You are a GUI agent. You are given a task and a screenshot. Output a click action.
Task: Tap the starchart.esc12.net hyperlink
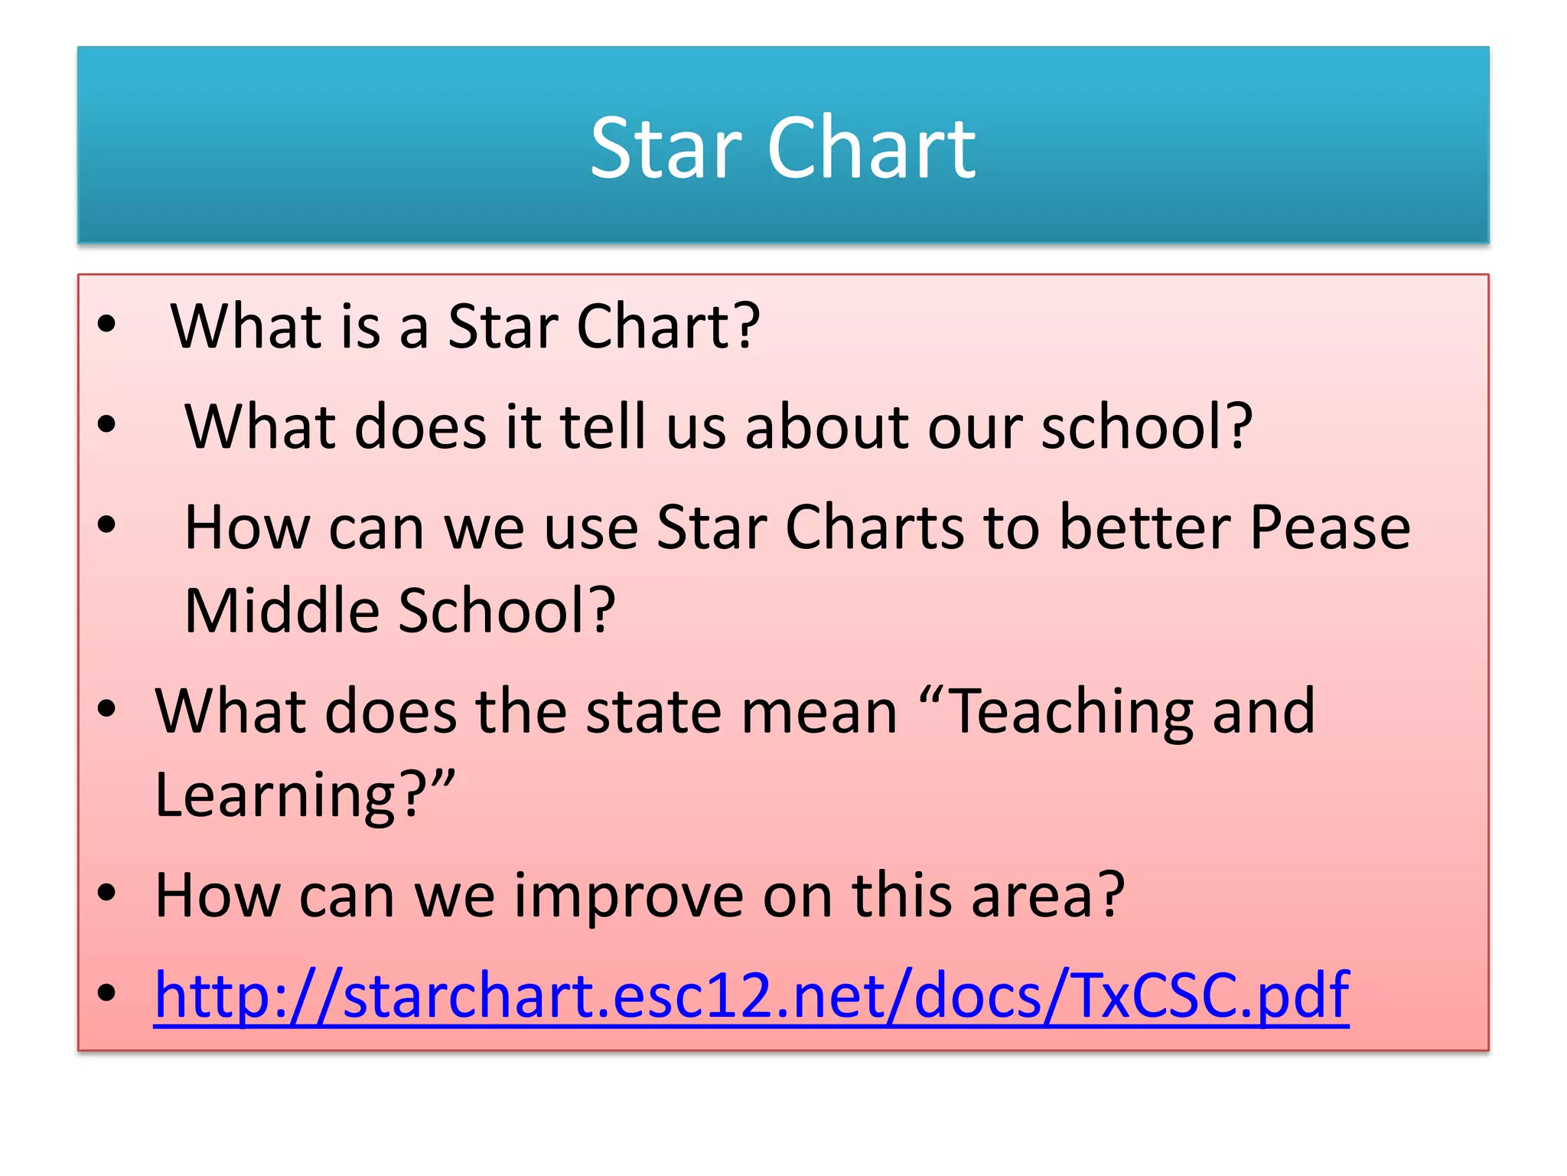tap(751, 995)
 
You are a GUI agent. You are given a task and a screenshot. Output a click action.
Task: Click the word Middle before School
tap(282, 610)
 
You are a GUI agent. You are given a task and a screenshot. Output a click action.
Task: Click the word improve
tap(628, 896)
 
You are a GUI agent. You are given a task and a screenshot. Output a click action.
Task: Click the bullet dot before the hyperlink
tap(106, 993)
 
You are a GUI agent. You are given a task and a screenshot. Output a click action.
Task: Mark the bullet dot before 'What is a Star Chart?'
tap(106, 325)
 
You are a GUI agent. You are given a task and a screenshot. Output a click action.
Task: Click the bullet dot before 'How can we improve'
tap(106, 893)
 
